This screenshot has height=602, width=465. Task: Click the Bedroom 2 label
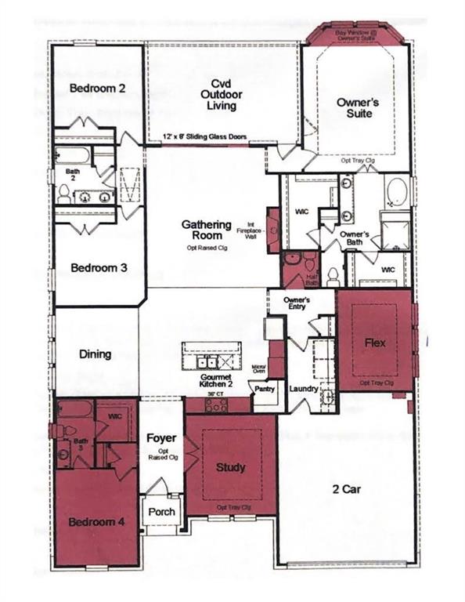(97, 88)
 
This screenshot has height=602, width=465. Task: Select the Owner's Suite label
(359, 107)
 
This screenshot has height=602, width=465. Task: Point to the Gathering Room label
(207, 230)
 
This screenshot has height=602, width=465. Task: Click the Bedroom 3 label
(99, 267)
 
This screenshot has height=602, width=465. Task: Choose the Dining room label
(96, 354)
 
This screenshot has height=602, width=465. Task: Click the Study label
(230, 467)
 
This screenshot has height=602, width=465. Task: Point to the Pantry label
(266, 387)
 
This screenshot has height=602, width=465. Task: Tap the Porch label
(162, 512)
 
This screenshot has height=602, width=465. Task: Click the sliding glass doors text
(205, 136)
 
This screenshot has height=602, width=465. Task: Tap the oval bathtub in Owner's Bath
(397, 191)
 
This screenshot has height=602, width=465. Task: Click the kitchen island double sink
(208, 362)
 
